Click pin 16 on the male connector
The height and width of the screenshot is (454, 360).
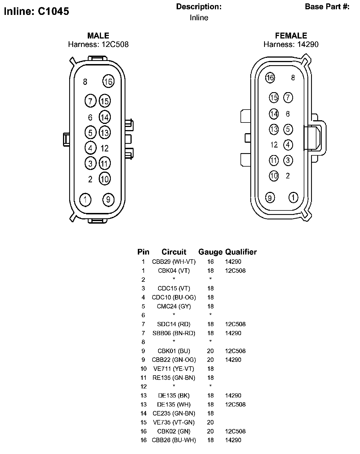tap(108, 81)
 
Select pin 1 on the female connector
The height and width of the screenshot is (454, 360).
tap(293, 198)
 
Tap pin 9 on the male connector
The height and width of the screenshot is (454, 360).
tap(108, 199)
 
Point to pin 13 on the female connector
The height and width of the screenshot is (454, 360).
tap(274, 129)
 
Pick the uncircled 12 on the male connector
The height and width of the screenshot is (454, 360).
tap(105, 148)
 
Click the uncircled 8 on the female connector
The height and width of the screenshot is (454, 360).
tap(293, 78)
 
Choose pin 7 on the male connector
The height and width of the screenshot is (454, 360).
tap(91, 101)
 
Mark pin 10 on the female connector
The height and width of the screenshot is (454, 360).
tap(274, 176)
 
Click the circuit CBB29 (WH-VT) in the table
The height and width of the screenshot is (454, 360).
tap(174, 262)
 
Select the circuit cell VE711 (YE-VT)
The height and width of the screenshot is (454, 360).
tap(174, 369)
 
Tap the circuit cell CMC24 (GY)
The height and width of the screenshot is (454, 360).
tap(174, 306)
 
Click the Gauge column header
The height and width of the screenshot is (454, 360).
tap(210, 252)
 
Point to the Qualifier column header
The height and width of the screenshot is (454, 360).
tap(241, 252)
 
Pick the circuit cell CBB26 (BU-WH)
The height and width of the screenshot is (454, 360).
tap(174, 440)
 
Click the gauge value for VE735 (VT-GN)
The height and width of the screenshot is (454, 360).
tap(210, 422)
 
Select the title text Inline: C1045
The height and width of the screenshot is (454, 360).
tap(37, 11)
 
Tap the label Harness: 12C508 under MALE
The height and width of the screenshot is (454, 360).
tap(98, 44)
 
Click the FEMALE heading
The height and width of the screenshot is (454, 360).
tap(291, 36)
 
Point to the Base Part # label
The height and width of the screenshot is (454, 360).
tap(327, 7)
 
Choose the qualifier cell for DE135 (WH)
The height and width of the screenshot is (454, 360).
tap(235, 404)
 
